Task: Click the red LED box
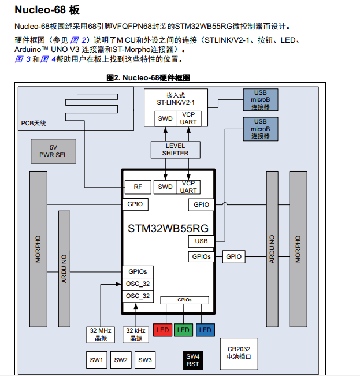pyautogui.click(x=162, y=330)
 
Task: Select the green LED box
pyautogui.click(x=183, y=330)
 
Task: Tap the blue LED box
pyautogui.click(x=205, y=330)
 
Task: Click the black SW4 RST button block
pyautogui.click(x=193, y=360)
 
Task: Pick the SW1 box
pyautogui.click(x=97, y=360)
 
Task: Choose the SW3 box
pyautogui.click(x=145, y=360)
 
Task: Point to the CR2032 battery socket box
pyautogui.click(x=239, y=353)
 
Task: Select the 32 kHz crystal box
pyautogui.click(x=137, y=334)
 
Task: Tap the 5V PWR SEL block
pyautogui.click(x=54, y=151)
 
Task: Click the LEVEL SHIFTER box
pyautogui.click(x=175, y=149)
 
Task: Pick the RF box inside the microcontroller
pyautogui.click(x=138, y=187)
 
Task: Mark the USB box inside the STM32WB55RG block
pyautogui.click(x=201, y=241)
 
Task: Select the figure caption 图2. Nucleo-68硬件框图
pyautogui.click(x=148, y=78)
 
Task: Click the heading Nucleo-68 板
pyautogui.click(x=47, y=10)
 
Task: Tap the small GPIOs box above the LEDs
pyautogui.click(x=183, y=300)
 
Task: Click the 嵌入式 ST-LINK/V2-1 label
pyautogui.click(x=175, y=98)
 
